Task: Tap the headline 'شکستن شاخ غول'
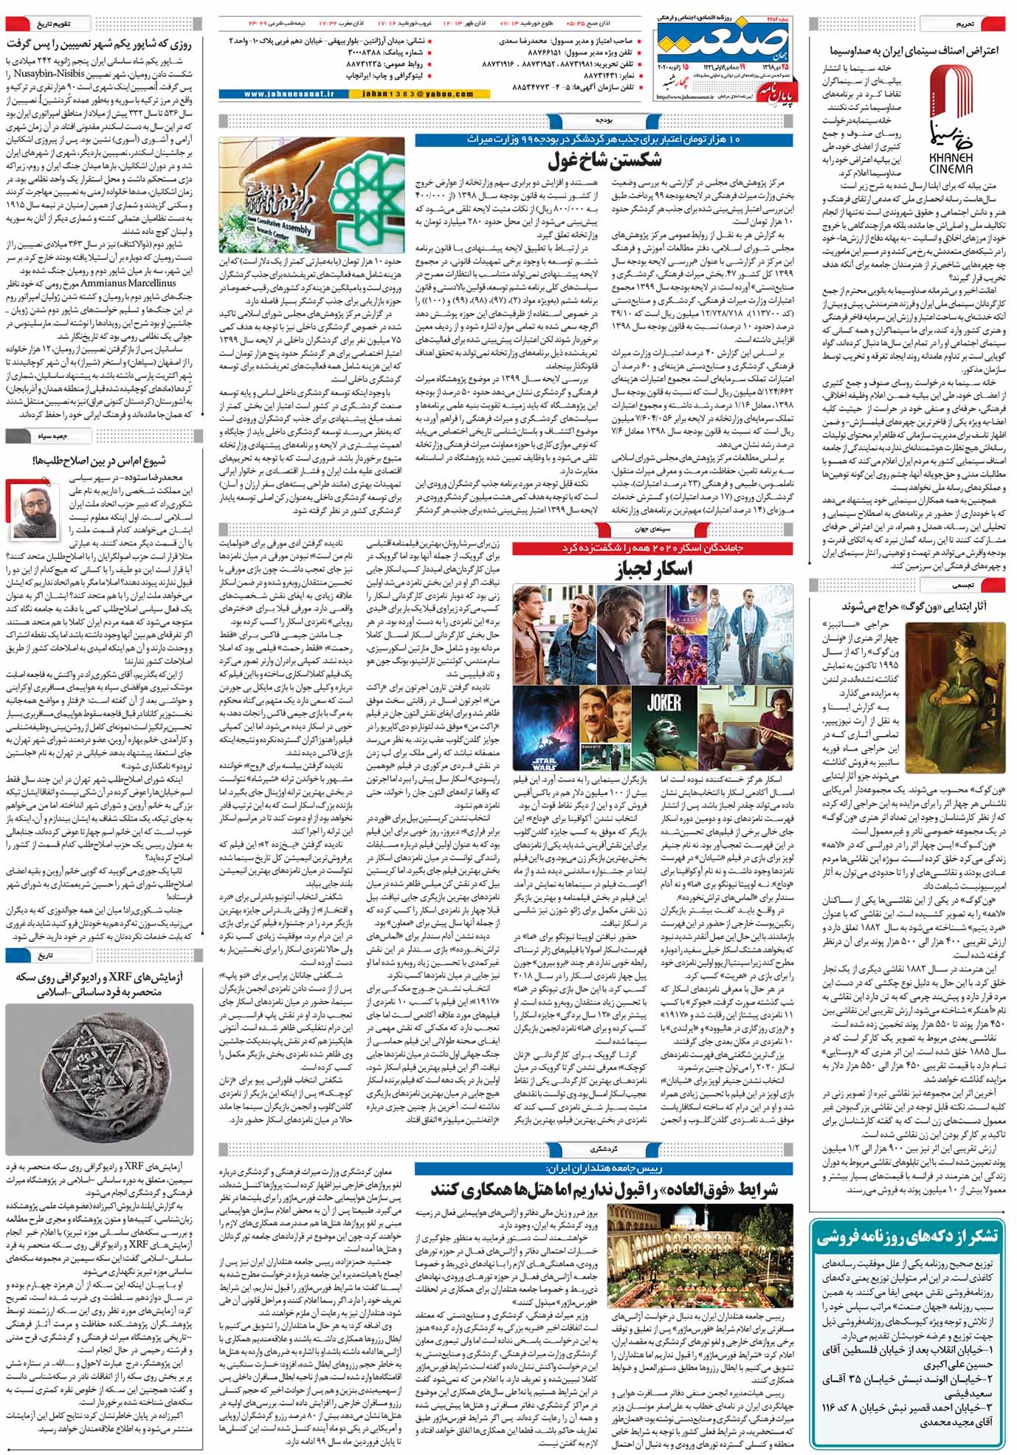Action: [x=605, y=160]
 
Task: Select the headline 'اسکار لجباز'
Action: [x=654, y=569]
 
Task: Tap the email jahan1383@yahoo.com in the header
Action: [x=418, y=94]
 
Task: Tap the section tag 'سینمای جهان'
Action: [x=654, y=529]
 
